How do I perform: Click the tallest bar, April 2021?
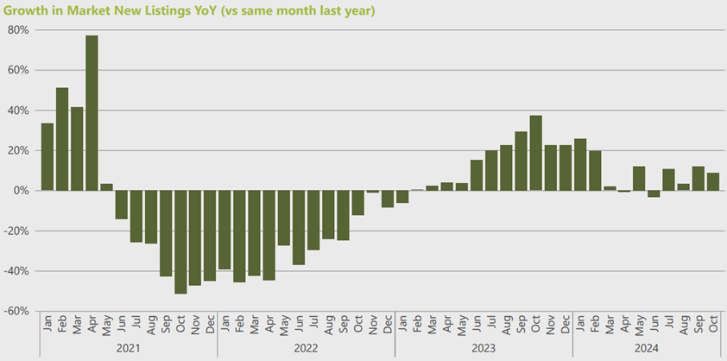point(92,112)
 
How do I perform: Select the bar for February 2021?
point(62,138)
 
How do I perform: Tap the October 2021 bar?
point(180,242)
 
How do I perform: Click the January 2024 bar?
point(579,164)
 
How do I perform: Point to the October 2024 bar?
point(712,181)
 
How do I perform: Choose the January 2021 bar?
point(47,156)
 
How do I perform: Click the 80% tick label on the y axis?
point(19,30)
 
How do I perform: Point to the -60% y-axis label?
point(17,311)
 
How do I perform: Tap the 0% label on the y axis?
point(22,191)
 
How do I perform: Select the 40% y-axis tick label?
point(19,111)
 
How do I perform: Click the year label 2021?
point(129,348)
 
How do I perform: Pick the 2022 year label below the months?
point(306,348)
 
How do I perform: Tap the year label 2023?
point(484,348)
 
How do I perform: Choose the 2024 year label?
point(646,348)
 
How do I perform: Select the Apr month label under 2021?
point(92,324)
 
